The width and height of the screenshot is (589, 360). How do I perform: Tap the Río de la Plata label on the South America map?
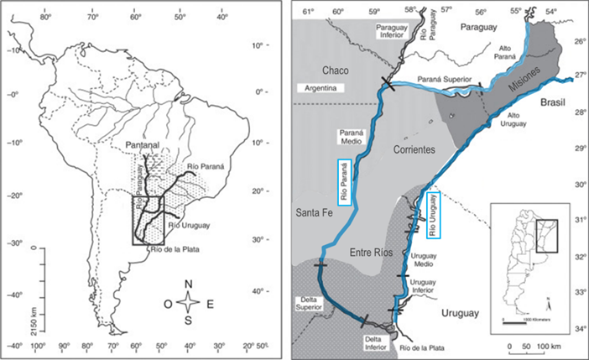[177, 248]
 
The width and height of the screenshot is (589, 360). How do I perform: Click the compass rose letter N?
[191, 284]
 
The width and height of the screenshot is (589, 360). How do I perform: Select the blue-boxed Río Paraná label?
[344, 181]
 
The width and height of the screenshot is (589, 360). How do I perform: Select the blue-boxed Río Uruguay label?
[434, 210]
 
